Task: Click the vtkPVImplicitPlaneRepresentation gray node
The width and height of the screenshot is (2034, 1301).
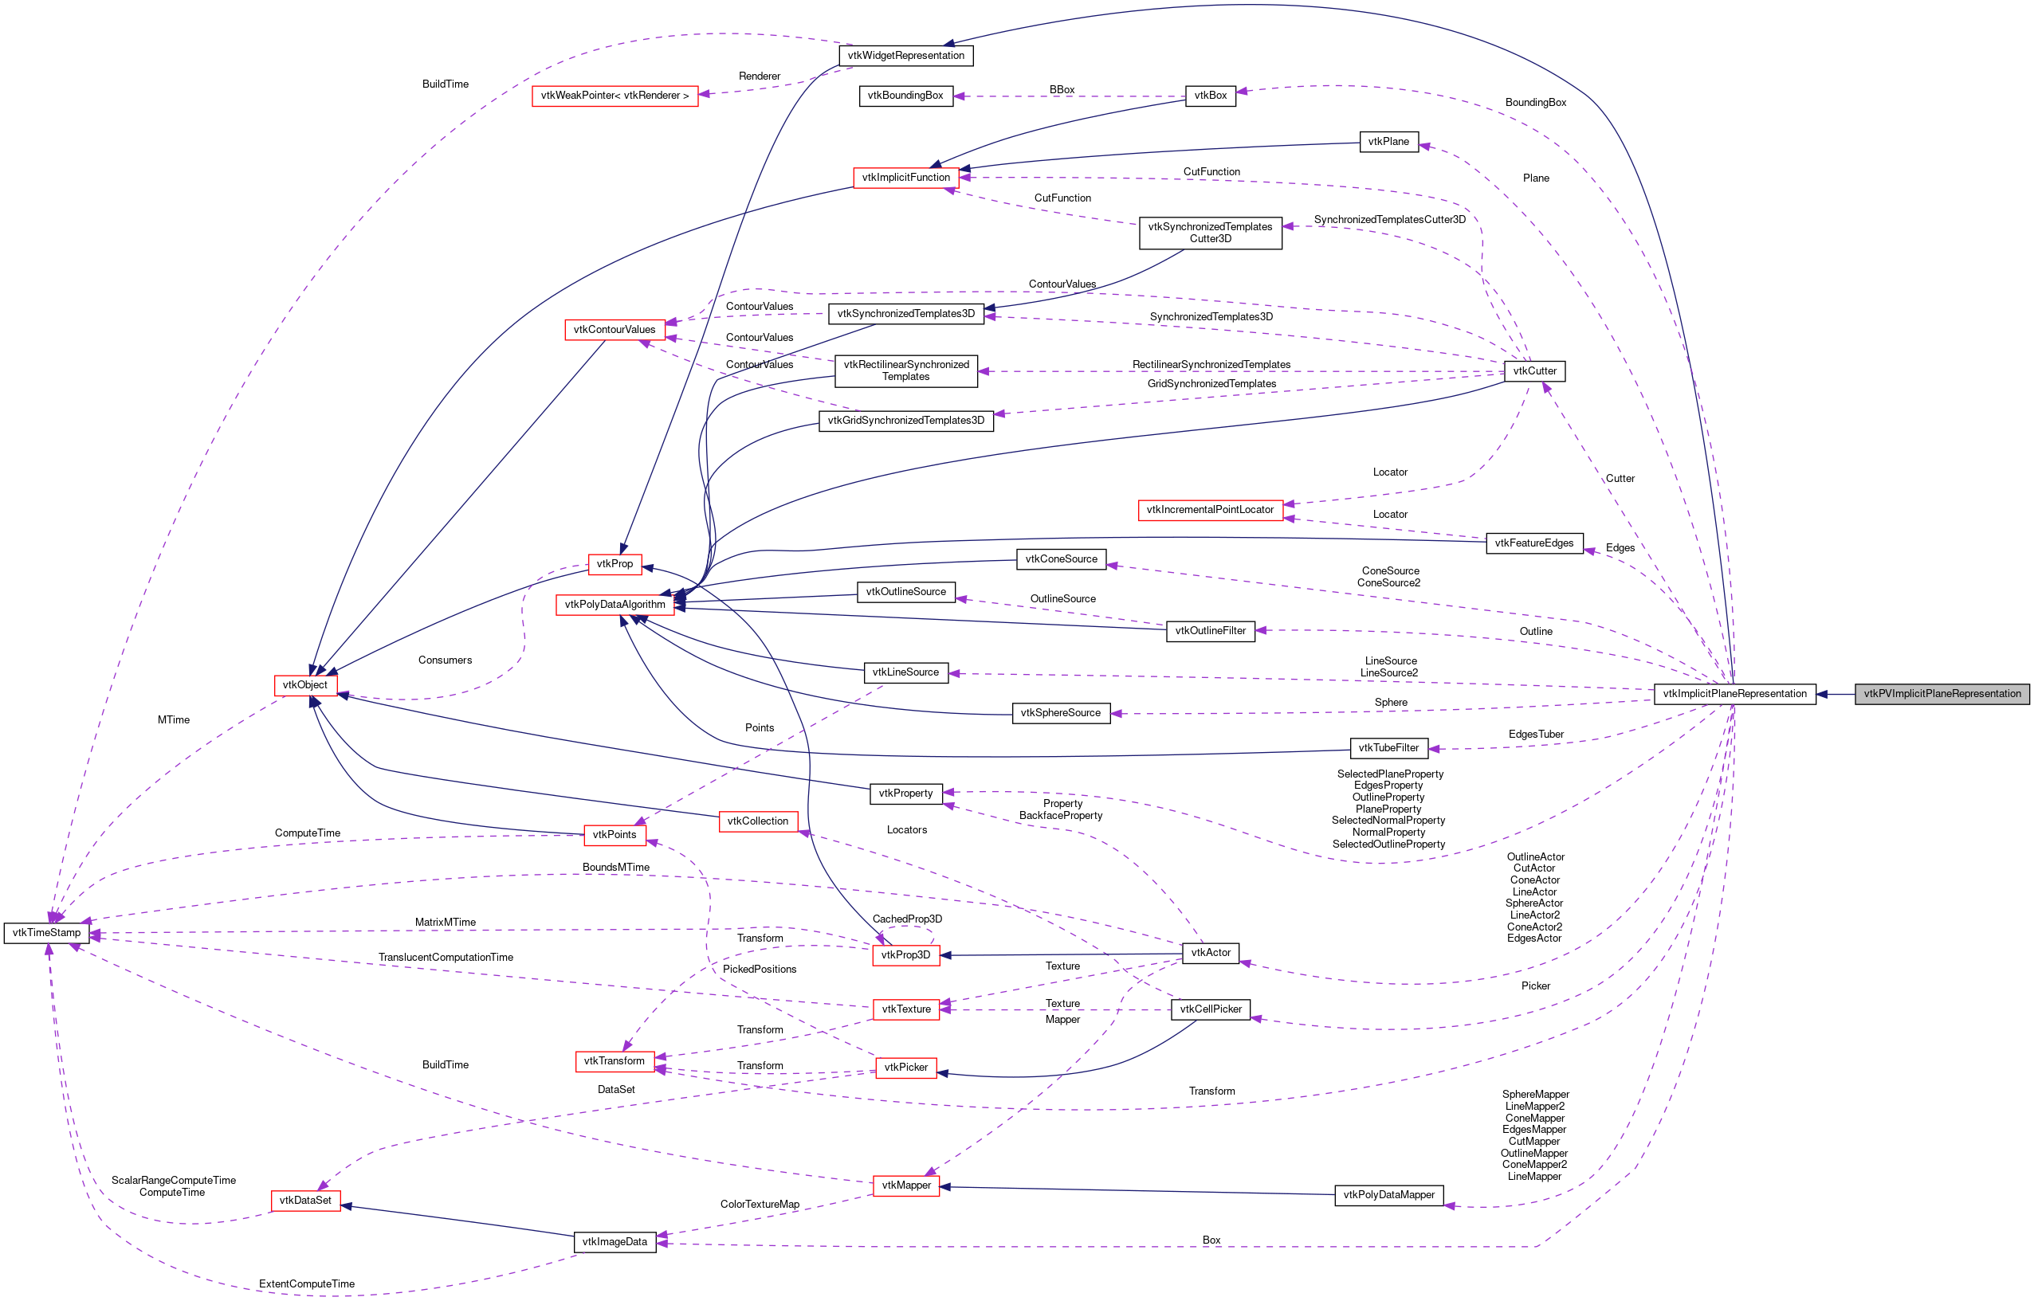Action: (x=1942, y=694)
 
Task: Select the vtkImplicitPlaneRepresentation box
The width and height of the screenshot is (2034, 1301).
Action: (x=1734, y=694)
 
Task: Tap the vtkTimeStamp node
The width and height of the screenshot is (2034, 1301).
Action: (x=46, y=933)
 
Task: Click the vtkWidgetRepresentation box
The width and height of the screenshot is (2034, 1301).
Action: (x=906, y=56)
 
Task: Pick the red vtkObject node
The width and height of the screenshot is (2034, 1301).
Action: (x=305, y=685)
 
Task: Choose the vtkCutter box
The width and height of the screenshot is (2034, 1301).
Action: (x=1534, y=371)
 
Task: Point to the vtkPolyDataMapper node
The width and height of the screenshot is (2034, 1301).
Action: (x=1388, y=1194)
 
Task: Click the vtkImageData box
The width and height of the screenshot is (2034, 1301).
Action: (x=615, y=1242)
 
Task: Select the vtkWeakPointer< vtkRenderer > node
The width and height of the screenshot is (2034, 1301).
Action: (x=615, y=96)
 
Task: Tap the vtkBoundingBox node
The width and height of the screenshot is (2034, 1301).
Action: (x=905, y=96)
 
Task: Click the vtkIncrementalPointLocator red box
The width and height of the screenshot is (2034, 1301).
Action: (x=1209, y=509)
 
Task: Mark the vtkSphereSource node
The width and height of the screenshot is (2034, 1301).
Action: (x=1061, y=713)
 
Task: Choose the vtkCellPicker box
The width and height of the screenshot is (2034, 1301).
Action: (x=1210, y=1009)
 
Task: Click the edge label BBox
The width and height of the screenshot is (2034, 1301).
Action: (x=1062, y=89)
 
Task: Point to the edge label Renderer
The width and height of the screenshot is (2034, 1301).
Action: (x=759, y=76)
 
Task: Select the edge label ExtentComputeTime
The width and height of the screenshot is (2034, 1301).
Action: (x=306, y=1283)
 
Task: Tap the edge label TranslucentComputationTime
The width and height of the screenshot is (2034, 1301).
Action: (x=446, y=957)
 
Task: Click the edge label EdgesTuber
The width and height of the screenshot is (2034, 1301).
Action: (x=1535, y=734)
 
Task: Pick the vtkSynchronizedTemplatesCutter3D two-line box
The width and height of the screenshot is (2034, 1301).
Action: (x=1209, y=233)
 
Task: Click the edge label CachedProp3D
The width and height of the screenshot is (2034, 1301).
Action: (x=907, y=919)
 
